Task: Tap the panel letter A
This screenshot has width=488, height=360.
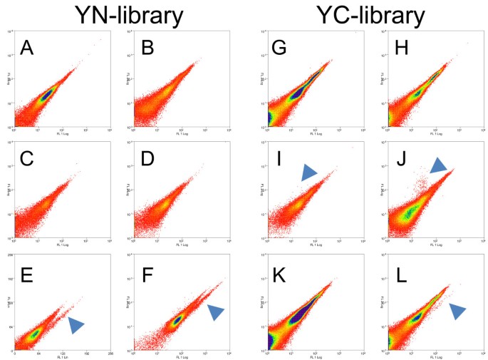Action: pyautogui.click(x=28, y=48)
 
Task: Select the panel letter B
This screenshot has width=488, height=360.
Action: pyautogui.click(x=147, y=48)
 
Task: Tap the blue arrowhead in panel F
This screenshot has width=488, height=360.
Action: pyautogui.click(x=215, y=312)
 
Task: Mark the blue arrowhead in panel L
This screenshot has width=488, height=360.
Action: pyautogui.click(x=458, y=309)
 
